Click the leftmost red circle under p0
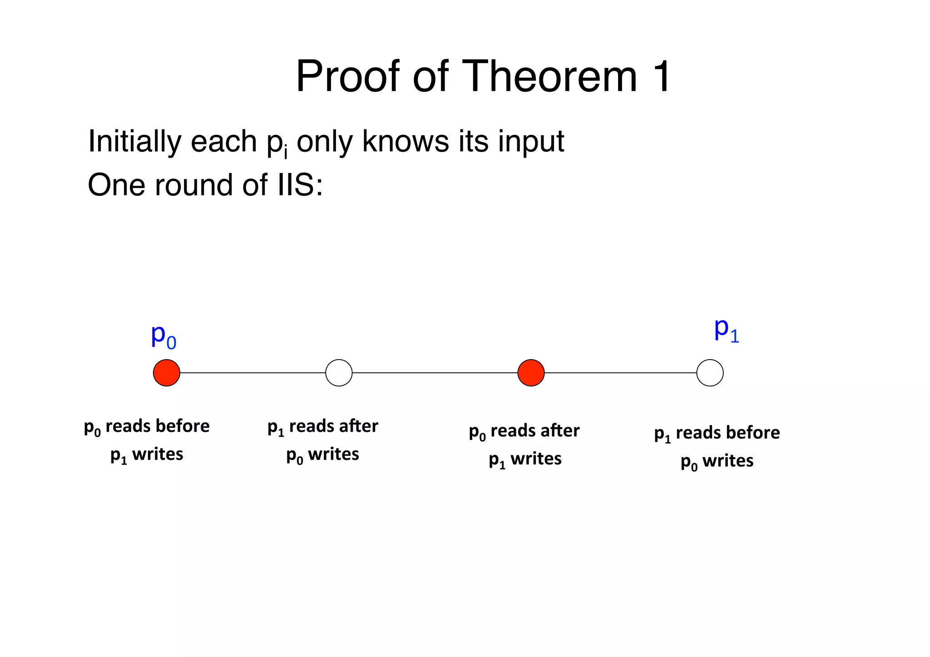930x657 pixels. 167,373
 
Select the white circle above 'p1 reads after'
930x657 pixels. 339,373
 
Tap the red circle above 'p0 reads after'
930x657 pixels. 531,373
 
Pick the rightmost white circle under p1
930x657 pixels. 710,373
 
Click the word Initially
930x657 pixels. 134,142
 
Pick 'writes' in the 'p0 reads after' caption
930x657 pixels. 536,459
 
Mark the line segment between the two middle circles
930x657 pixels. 435,373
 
